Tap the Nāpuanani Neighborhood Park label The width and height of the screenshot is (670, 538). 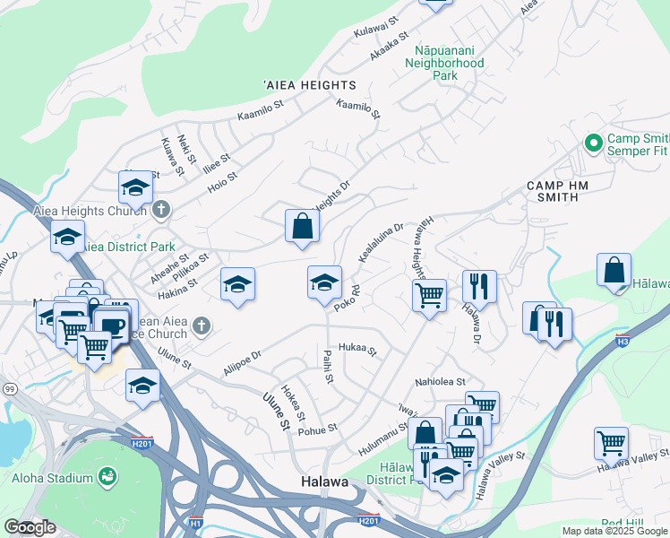pos(444,64)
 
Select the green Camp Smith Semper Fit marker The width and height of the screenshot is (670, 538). pos(592,143)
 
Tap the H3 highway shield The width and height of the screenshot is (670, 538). pos(623,341)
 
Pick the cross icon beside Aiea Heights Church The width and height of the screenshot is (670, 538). pos(161,211)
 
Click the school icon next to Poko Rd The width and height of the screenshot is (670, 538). pos(324,282)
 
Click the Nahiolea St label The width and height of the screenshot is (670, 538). pos(440,382)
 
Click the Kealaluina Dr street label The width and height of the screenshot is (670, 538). pos(382,243)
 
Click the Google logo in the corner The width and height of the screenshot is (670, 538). pos(30,528)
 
